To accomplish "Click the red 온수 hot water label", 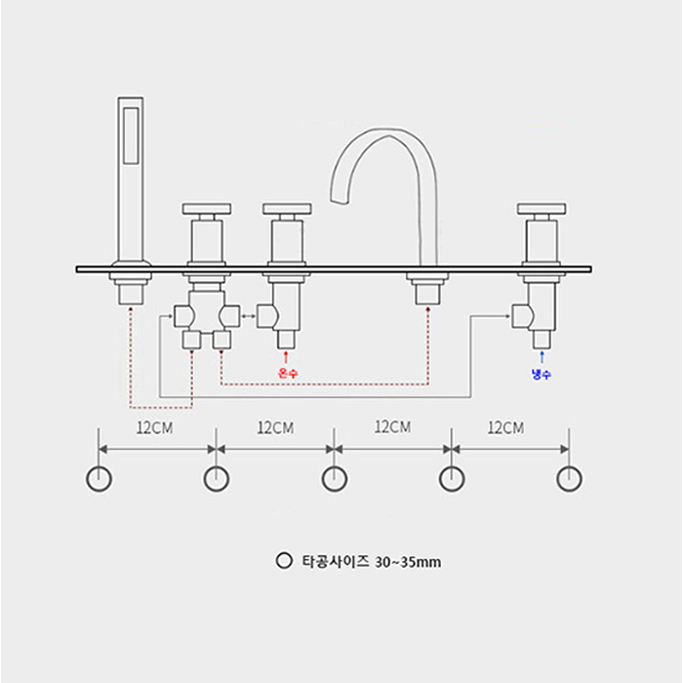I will [x=286, y=372].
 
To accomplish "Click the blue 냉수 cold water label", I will [x=542, y=373].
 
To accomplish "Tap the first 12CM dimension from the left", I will [x=155, y=427].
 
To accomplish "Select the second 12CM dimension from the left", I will [x=275, y=427].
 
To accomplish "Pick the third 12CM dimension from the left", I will [x=392, y=427].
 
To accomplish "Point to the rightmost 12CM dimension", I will [x=505, y=427].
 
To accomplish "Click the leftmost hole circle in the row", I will [x=99, y=478].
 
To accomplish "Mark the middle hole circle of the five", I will [x=334, y=478].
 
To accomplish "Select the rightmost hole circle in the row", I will [x=569, y=478].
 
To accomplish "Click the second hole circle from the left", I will [x=216, y=478].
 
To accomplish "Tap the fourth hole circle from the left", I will [x=452, y=478].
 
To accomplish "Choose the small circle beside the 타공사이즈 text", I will [x=284, y=561].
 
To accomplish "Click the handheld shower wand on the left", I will [x=131, y=176].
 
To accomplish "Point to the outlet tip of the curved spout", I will [x=341, y=201].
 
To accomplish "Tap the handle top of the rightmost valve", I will [x=542, y=209].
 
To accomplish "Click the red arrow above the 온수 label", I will [x=286, y=357].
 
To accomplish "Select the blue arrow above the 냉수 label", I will [x=542, y=358].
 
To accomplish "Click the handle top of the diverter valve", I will [x=207, y=209].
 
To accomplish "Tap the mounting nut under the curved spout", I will [x=427, y=290].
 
